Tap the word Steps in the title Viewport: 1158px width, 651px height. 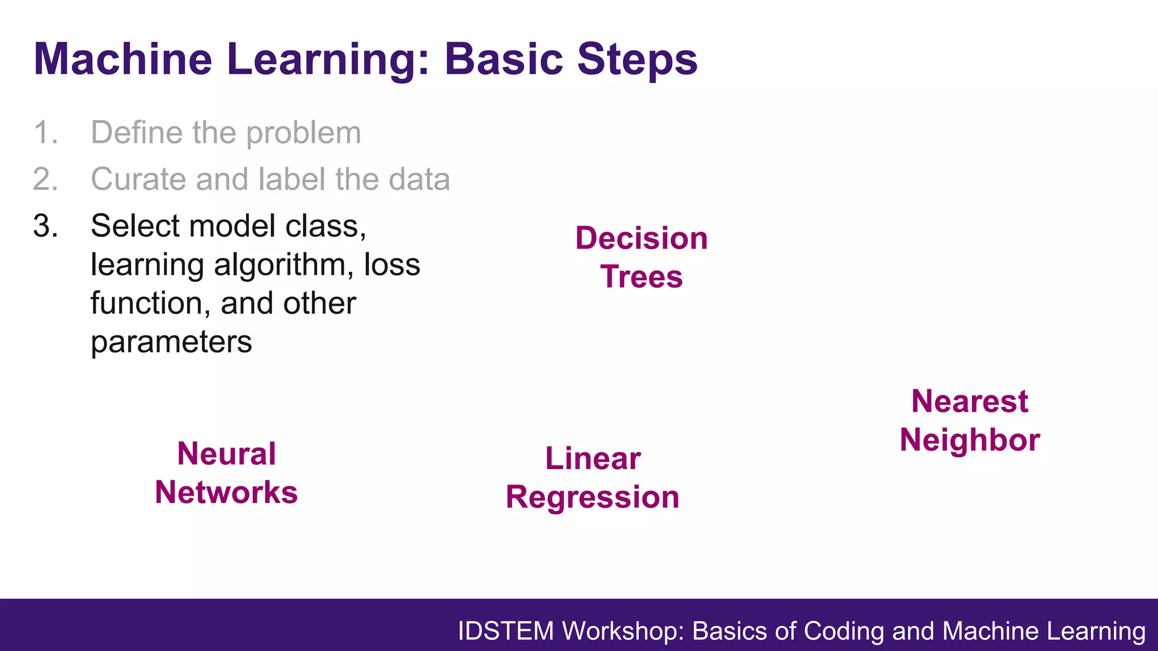coord(637,59)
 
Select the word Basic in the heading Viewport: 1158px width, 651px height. coord(504,59)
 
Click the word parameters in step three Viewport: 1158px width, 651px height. coord(171,342)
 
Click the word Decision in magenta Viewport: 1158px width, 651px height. coord(641,238)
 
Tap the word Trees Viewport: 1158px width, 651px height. coord(641,277)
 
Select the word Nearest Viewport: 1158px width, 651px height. coord(970,401)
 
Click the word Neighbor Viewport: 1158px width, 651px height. coord(970,440)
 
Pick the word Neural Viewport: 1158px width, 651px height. coord(226,454)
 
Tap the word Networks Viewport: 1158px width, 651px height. coord(226,492)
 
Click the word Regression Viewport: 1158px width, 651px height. coord(592,497)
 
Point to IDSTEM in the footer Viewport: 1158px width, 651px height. coord(505,631)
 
